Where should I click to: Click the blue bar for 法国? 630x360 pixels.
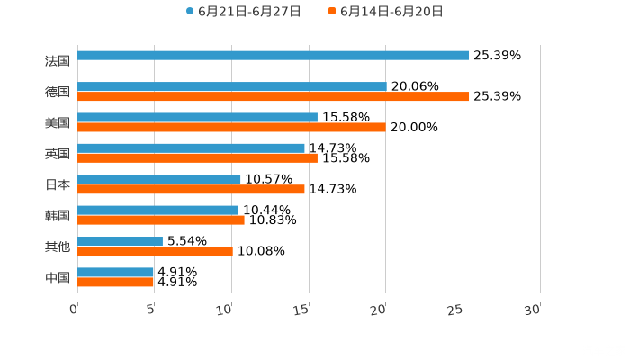274,56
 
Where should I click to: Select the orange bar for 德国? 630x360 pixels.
274,96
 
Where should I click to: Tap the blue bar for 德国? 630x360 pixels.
232,87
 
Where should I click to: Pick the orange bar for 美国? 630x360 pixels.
231,127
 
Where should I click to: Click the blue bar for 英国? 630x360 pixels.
191,148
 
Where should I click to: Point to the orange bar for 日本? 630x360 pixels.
191,189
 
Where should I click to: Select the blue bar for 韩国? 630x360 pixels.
157,211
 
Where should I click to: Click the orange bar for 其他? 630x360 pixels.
155,251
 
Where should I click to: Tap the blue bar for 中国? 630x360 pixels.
116,272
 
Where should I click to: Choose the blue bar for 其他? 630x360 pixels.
120,241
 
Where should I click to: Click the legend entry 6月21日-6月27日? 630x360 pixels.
243,12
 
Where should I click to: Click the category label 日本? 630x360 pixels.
58,184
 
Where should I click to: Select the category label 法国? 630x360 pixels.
58,61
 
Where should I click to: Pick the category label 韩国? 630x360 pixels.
58,216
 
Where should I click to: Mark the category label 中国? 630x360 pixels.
58,277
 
